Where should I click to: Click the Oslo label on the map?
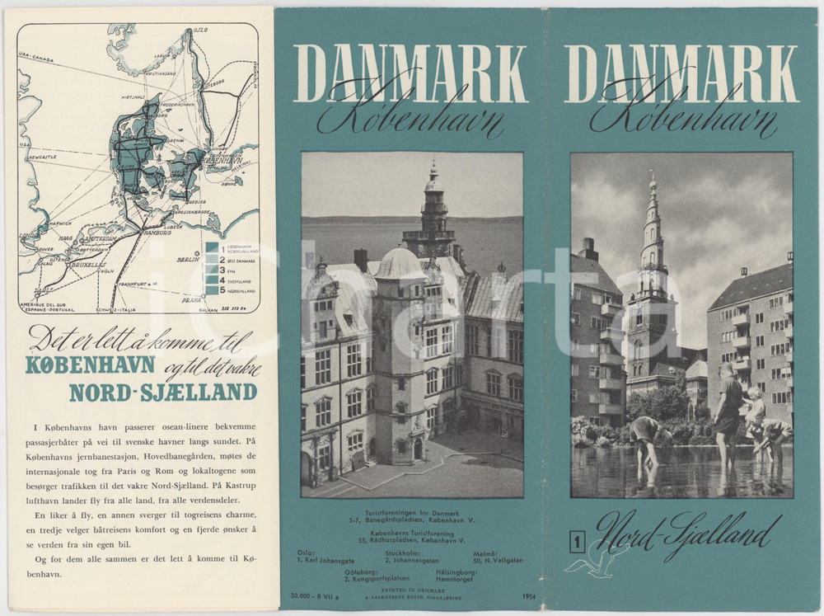coord(199,31)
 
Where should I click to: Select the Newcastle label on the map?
coord(41,157)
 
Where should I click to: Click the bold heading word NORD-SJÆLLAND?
coord(162,393)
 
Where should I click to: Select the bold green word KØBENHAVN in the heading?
coord(91,364)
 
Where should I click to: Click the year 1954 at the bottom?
coord(529,595)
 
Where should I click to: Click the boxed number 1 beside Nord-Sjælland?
coord(578,542)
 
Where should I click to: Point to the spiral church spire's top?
coord(652,178)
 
